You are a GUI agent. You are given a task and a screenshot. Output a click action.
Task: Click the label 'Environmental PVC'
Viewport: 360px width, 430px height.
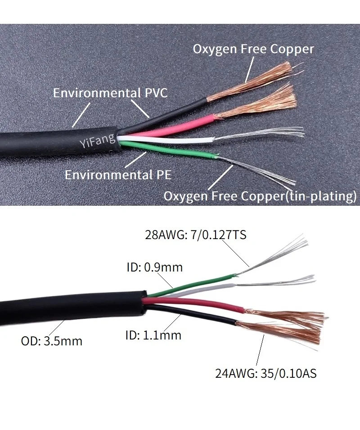point(110,93)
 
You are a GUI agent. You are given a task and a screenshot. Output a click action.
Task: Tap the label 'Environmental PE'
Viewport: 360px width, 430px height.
point(118,175)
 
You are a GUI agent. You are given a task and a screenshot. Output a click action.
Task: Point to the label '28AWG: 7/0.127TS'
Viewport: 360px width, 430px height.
point(195,235)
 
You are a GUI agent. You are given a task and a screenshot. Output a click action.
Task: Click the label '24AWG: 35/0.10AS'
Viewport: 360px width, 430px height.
point(265,373)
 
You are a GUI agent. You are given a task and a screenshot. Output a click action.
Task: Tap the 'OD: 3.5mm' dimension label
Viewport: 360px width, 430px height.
point(52,340)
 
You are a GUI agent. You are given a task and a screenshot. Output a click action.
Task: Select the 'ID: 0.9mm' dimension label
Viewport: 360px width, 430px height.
point(154,267)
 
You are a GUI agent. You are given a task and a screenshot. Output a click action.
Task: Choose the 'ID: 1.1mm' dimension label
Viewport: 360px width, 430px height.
point(153,335)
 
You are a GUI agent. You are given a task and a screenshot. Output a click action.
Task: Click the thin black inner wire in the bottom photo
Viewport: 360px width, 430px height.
point(198,315)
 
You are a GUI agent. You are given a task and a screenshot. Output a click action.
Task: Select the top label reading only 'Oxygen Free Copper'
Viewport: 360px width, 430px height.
point(253,49)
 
